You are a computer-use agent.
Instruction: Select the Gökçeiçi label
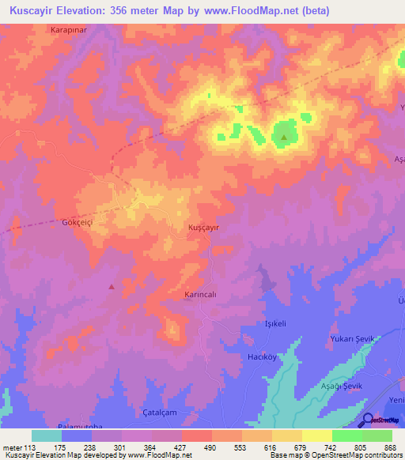55,224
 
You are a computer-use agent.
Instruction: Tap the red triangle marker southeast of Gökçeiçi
112,286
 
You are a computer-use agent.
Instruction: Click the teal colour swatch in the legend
47,435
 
